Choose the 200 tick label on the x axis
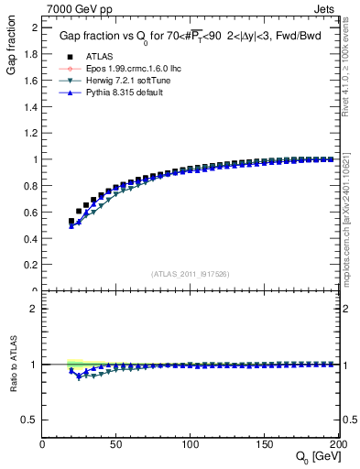(337, 443)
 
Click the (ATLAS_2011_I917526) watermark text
(191, 274)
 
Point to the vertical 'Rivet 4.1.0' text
(352, 64)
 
